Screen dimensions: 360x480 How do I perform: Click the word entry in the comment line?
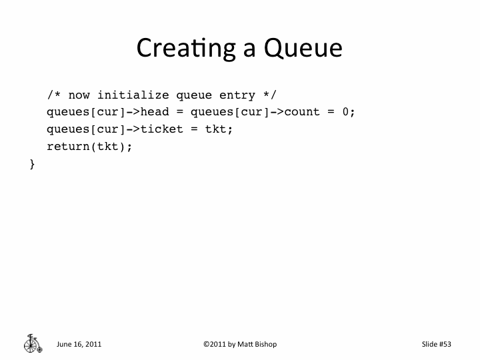[x=236, y=95]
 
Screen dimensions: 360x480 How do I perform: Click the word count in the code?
[x=303, y=111]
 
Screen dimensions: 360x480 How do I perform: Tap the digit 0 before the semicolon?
[x=345, y=111]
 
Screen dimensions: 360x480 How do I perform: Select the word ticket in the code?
[x=159, y=129]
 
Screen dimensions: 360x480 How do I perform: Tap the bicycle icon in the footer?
[x=32, y=343]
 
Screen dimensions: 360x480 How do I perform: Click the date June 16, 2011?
[x=79, y=344]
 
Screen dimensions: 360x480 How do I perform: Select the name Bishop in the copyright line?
[x=265, y=344]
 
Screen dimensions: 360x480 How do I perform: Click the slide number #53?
[x=445, y=344]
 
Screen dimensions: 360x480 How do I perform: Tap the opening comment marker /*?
[x=53, y=95]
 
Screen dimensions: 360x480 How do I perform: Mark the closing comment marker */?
[x=269, y=95]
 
